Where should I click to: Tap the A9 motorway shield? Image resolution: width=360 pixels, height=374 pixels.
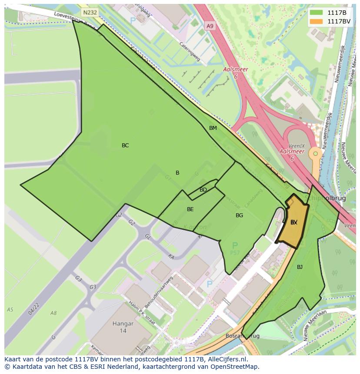click(210, 26)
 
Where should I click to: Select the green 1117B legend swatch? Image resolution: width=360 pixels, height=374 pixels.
click(316, 13)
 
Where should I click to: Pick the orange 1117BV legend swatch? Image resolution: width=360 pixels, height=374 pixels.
click(316, 21)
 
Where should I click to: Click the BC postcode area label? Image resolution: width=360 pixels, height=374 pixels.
click(125, 146)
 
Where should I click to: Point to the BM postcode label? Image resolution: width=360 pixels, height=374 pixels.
click(213, 128)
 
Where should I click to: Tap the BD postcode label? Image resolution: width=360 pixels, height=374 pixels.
click(203, 190)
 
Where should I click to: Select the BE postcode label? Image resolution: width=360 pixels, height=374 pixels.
click(190, 209)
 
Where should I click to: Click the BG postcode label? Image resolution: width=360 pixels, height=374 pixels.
click(239, 215)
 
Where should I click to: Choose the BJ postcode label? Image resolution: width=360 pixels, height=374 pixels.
click(300, 267)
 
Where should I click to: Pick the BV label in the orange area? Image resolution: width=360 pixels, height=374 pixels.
click(294, 222)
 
